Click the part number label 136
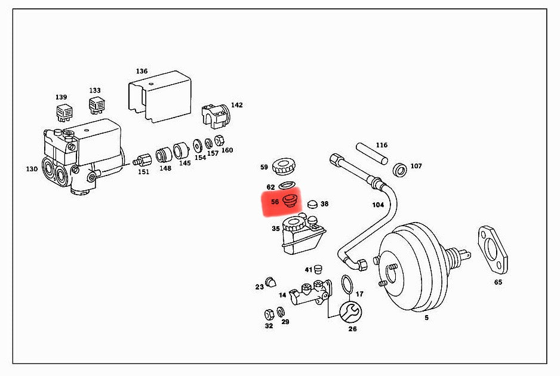point(141,71)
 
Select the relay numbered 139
point(63,112)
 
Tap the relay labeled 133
point(96,106)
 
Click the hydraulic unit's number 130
point(32,169)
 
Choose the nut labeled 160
point(219,140)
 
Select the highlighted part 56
point(290,201)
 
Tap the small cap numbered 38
point(312,204)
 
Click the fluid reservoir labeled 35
point(301,236)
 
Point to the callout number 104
point(378,205)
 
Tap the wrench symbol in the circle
point(349,310)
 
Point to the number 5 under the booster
point(426,318)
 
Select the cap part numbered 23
point(271,282)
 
